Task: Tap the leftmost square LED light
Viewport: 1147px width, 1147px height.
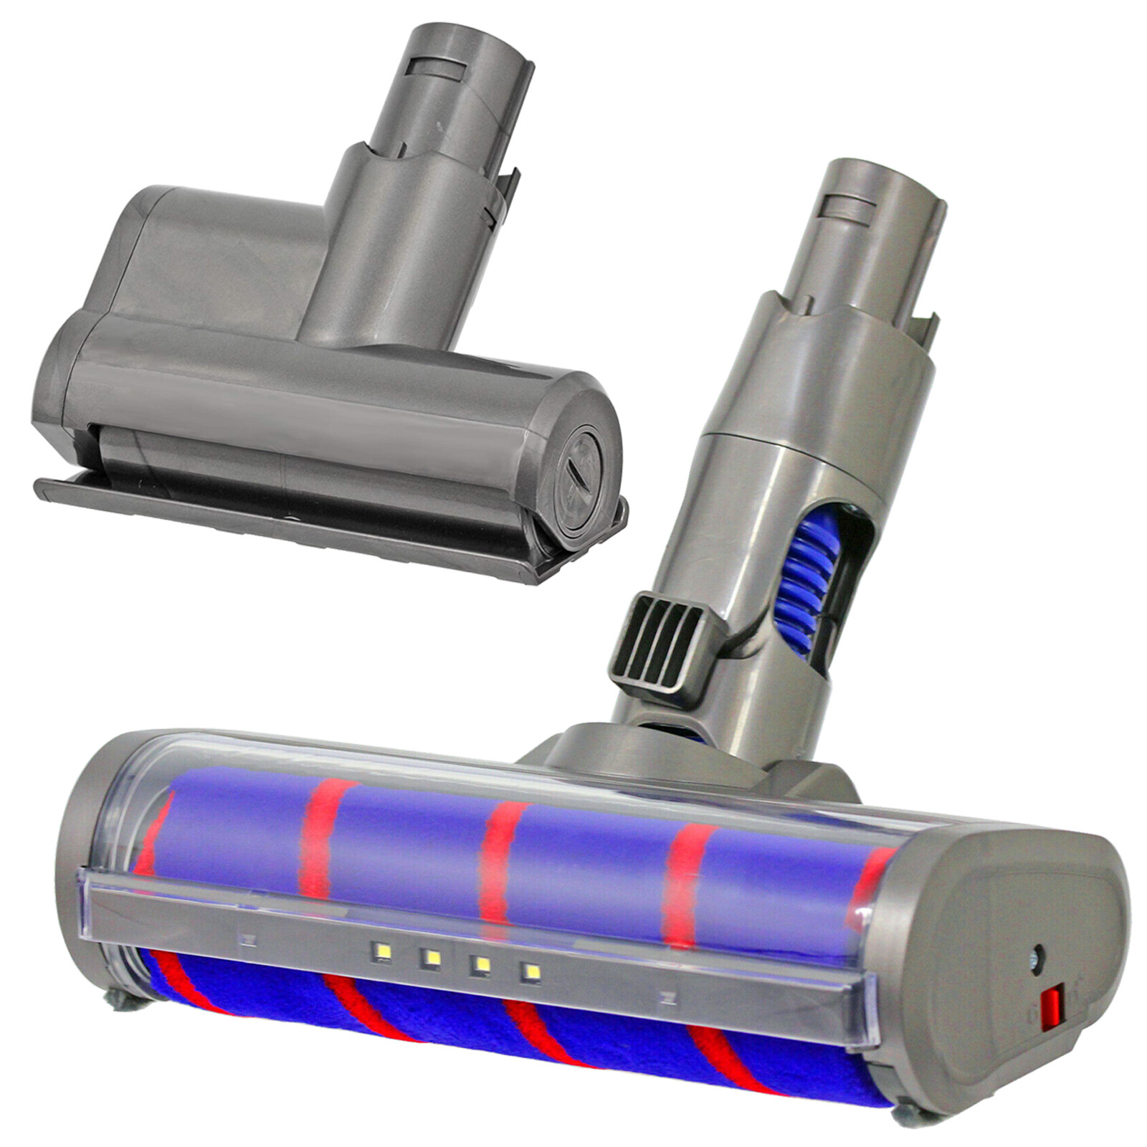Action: click(380, 952)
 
